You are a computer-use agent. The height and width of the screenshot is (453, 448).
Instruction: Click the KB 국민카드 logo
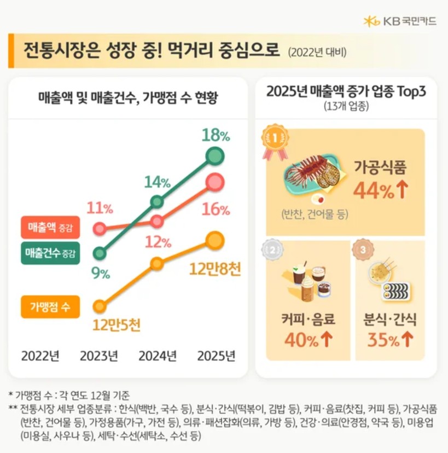[400, 21]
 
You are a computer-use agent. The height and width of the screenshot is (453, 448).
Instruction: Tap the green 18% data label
[215, 135]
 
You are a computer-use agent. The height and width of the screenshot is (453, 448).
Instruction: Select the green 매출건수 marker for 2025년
[216, 156]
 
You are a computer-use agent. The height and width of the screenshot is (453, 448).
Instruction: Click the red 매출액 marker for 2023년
[100, 228]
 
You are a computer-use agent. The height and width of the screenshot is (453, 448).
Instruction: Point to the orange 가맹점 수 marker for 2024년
[157, 264]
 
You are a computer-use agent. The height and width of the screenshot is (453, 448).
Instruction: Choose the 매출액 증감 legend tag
[50, 226]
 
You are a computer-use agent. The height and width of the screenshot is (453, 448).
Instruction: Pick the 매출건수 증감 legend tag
[50, 253]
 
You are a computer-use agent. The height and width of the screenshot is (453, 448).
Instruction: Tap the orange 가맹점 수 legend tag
[50, 306]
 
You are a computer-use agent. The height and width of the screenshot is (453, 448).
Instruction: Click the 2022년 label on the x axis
[40, 356]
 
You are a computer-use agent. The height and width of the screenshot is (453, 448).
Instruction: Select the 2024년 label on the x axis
[158, 356]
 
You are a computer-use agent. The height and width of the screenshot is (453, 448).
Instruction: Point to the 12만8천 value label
[215, 269]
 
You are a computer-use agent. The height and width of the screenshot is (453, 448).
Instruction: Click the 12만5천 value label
[117, 326]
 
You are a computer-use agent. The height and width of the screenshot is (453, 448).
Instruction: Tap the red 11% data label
[100, 208]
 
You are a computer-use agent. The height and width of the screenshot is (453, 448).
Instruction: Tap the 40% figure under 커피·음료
[309, 340]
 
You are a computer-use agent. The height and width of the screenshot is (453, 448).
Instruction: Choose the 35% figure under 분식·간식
[390, 340]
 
